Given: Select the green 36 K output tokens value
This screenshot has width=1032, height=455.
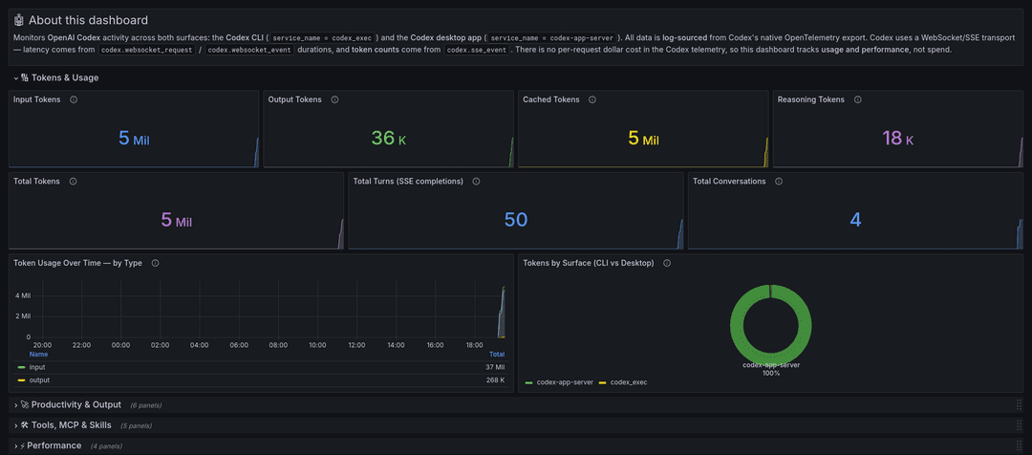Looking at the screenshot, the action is pyautogui.click(x=388, y=139).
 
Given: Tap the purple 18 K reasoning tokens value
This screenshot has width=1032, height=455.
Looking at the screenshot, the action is pyautogui.click(x=897, y=139).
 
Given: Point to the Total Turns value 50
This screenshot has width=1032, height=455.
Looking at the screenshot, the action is pyautogui.click(x=516, y=220).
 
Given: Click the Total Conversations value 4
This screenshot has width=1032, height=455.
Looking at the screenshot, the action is pyautogui.click(x=855, y=220).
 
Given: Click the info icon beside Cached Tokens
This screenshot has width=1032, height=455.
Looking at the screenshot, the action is pyautogui.click(x=591, y=99).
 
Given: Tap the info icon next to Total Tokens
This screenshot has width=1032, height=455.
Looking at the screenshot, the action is pyautogui.click(x=73, y=181).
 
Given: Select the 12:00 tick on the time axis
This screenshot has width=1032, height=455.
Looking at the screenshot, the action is pyautogui.click(x=357, y=344).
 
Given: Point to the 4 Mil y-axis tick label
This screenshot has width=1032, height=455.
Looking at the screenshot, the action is pyautogui.click(x=22, y=295).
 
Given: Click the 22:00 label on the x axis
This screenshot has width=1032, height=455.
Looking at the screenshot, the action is pyautogui.click(x=81, y=344).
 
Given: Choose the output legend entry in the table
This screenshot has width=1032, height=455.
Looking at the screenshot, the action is pyautogui.click(x=40, y=379).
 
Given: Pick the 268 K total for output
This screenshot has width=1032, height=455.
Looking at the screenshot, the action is pyautogui.click(x=495, y=379).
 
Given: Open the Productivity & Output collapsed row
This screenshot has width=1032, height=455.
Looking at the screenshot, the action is pyautogui.click(x=76, y=404).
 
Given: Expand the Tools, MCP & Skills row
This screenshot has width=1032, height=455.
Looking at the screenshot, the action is pyautogui.click(x=71, y=424).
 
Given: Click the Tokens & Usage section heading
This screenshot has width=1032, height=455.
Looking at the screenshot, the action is pyautogui.click(x=65, y=77).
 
